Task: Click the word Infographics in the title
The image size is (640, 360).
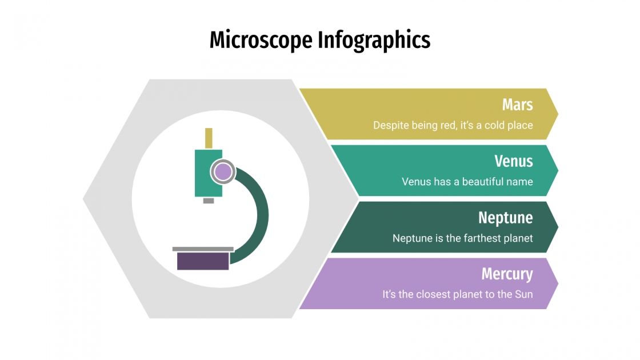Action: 374,41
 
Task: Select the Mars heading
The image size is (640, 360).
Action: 517,105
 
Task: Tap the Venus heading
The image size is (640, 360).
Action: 514,161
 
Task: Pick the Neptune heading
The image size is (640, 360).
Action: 505,218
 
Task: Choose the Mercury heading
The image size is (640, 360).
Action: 507,274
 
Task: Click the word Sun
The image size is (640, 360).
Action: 523,294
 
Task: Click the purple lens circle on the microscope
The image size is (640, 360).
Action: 223,171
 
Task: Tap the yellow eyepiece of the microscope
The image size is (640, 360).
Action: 209,138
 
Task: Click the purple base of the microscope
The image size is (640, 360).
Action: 203,261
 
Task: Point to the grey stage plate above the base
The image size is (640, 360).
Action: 203,249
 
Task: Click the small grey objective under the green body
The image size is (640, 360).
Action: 209,201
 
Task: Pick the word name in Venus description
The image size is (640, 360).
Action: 521,182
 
